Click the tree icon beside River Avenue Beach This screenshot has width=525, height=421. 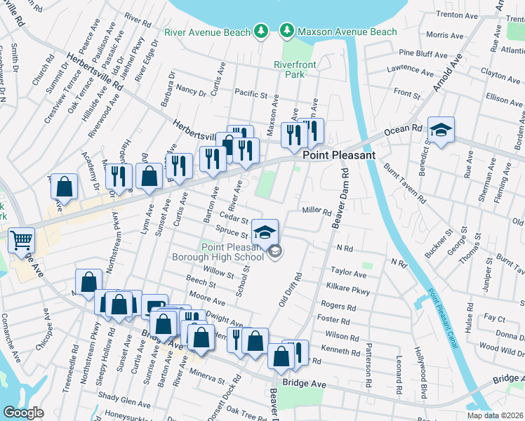[260, 31]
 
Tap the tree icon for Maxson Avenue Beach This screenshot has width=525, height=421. [286, 31]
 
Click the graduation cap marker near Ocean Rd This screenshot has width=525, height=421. [441, 131]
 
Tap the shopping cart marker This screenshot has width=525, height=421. [21, 240]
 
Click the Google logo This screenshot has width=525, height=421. [23, 413]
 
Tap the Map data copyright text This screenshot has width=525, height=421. [496, 415]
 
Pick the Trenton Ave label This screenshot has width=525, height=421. [456, 15]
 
